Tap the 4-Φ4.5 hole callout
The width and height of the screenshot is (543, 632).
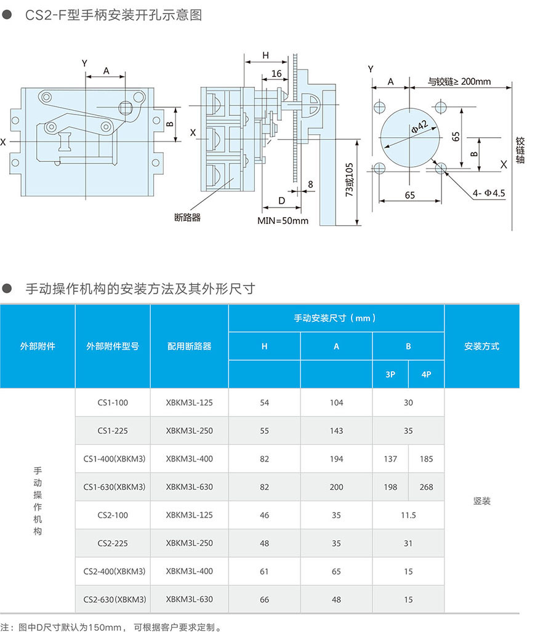[x=489, y=193]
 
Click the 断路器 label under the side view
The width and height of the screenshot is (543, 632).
[x=187, y=217]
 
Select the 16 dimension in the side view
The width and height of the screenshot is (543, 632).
[x=276, y=73]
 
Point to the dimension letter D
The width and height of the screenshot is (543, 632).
[x=281, y=201]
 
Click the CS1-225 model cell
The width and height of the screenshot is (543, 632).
[x=113, y=431]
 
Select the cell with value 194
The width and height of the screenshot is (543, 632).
[x=336, y=459]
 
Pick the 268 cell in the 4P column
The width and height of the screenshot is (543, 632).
[x=426, y=487]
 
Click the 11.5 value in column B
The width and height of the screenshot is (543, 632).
[x=408, y=516]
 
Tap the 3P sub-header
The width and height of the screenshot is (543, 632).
[x=390, y=374]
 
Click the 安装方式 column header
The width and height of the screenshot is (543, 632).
[x=481, y=346]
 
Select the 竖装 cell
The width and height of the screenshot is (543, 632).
[x=481, y=502]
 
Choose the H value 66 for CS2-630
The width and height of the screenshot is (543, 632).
[x=264, y=600]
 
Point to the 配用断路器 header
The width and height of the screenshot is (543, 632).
[x=189, y=346]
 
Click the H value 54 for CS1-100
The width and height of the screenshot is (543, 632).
[x=264, y=402]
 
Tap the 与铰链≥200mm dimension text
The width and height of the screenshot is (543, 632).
[x=459, y=81]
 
